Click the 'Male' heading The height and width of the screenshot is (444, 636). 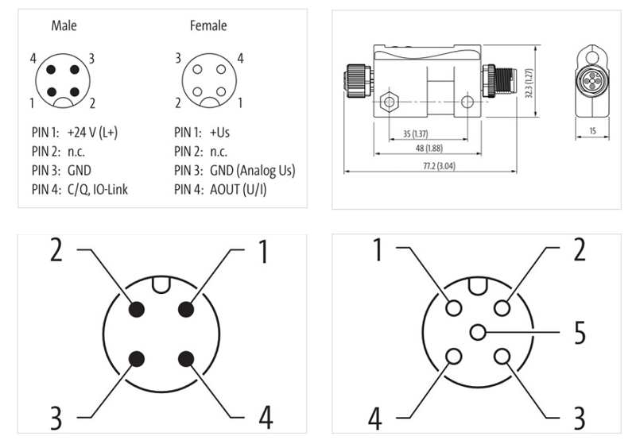click(x=64, y=26)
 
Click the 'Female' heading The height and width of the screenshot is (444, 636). click(x=207, y=26)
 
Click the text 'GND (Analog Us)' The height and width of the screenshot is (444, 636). click(x=253, y=170)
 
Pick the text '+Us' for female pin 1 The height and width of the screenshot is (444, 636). click(x=220, y=132)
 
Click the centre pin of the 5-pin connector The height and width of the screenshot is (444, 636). click(x=476, y=332)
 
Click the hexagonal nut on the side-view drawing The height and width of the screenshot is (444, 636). click(x=389, y=102)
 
